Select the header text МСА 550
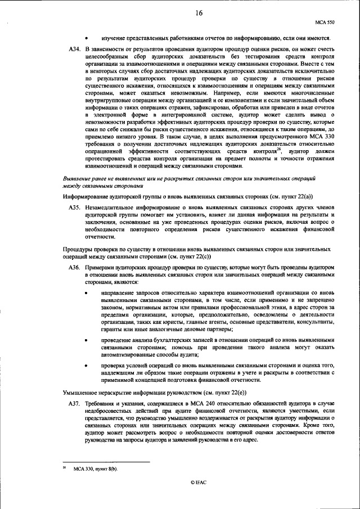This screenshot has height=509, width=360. click(x=325, y=22)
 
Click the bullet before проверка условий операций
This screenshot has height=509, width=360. click(x=87, y=366)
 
